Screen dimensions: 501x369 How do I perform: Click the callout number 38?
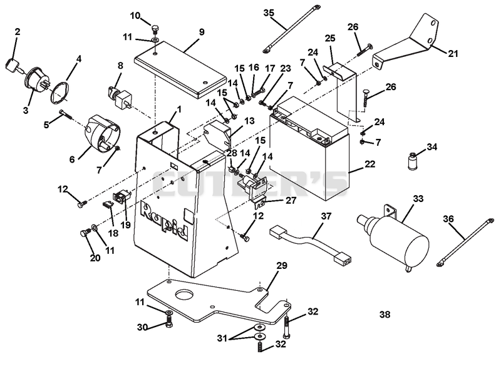point(385,315)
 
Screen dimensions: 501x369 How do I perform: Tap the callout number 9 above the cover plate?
point(201,32)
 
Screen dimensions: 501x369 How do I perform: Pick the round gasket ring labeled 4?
point(59,93)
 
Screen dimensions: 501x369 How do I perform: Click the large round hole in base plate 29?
point(184,295)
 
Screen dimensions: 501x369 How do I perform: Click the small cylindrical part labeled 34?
point(412,161)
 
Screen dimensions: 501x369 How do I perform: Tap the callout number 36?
point(448,219)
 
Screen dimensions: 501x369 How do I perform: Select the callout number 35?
point(269,13)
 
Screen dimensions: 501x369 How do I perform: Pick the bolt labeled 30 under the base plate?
point(169,321)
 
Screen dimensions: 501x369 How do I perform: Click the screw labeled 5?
point(66,113)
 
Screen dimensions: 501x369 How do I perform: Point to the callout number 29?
point(281,266)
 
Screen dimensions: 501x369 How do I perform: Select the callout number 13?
point(249,121)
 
